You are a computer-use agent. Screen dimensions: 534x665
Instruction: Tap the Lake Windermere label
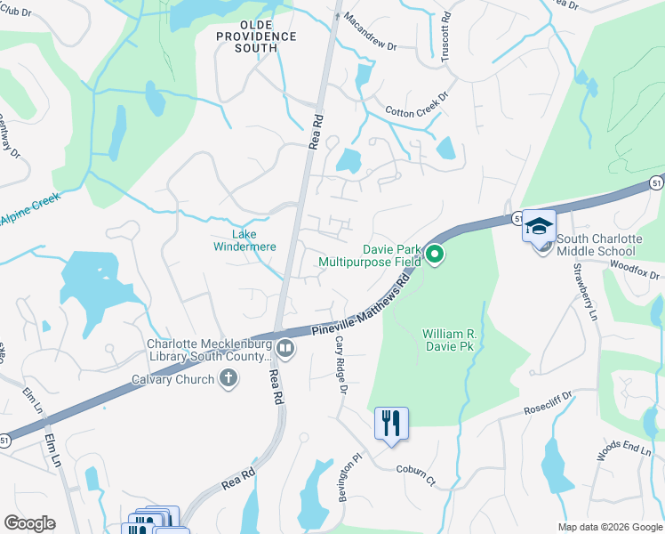pos(243,240)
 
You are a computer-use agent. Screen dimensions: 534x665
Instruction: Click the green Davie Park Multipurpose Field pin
pos(435,255)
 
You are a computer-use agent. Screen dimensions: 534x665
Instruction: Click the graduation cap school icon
pos(539,227)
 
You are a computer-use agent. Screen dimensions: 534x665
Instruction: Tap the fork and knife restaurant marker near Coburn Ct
pos(391,424)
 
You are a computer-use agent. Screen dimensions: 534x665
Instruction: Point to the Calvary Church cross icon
pos(228,379)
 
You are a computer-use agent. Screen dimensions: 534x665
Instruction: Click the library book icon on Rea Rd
pos(285,347)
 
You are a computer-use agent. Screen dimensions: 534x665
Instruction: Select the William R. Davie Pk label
pos(450,339)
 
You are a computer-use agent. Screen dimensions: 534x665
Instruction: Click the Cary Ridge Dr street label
pos(341,366)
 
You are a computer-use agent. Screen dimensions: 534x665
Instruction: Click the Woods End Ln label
pos(623,450)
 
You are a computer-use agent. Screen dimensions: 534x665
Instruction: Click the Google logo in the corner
pos(29,523)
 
